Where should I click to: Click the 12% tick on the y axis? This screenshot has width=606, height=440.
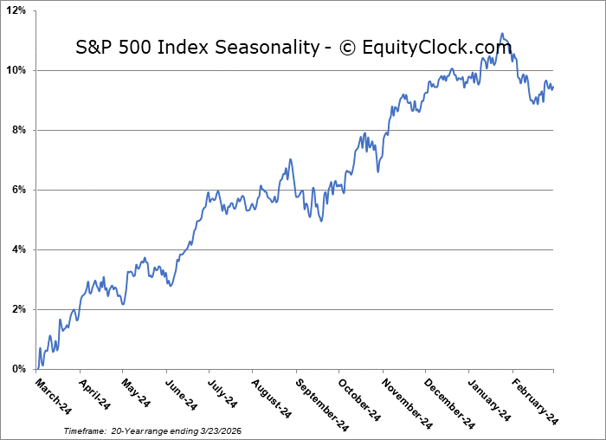[16, 10]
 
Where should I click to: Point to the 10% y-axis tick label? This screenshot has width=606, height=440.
[16, 70]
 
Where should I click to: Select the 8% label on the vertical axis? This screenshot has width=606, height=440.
[19, 130]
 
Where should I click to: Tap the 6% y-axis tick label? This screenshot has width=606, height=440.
[19, 190]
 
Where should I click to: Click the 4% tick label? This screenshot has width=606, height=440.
[19, 249]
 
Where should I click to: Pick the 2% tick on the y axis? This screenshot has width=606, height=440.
[19, 309]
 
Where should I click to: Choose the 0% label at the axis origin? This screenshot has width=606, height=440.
[19, 369]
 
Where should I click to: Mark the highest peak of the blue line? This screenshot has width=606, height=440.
[501, 34]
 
